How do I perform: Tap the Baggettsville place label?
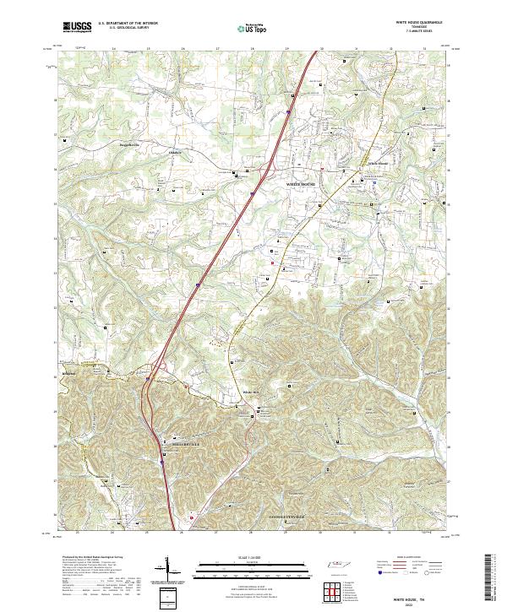[114, 144]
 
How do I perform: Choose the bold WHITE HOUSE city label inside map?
[306, 183]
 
